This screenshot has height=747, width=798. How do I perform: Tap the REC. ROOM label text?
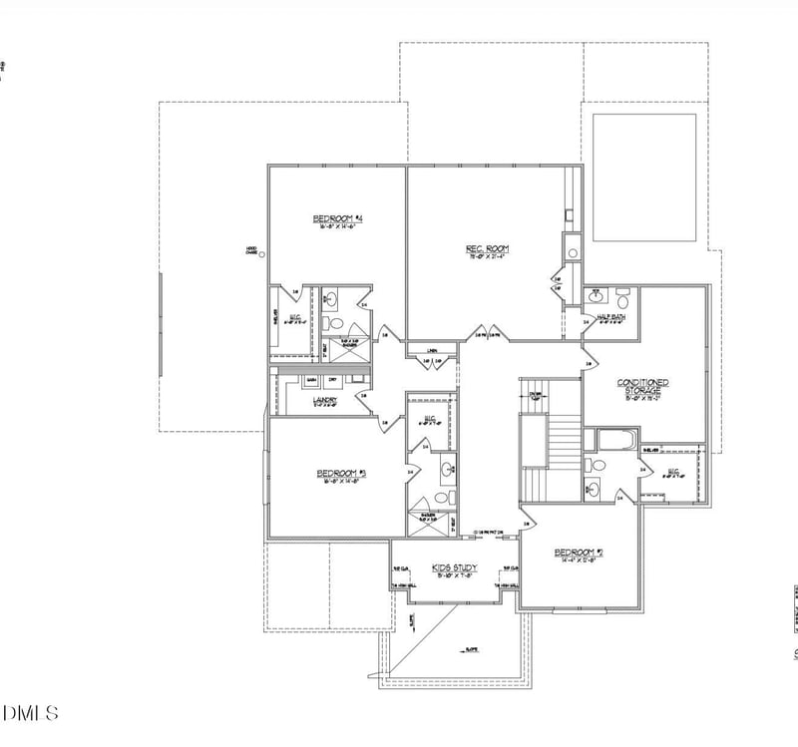488,248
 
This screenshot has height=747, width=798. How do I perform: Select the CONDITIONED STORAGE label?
642,386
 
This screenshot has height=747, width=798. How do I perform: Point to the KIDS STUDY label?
454,567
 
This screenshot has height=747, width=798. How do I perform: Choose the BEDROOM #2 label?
580,552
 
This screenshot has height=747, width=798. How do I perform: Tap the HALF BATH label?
611,317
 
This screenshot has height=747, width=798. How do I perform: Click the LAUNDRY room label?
325,401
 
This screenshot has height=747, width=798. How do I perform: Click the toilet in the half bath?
621,298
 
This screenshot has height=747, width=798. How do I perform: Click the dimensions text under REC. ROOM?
488,256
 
